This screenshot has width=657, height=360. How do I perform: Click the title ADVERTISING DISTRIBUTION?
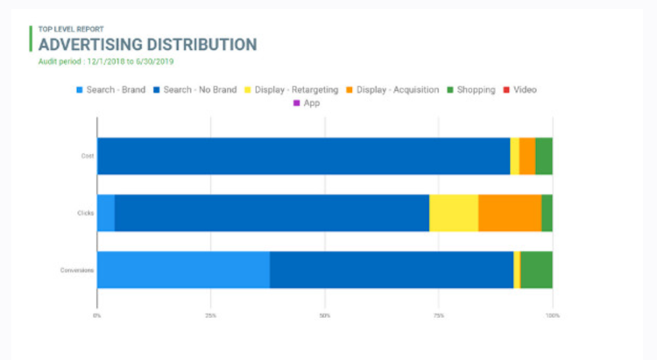147,45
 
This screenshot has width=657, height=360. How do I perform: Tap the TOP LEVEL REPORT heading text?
73,29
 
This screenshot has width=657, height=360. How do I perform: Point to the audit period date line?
106,61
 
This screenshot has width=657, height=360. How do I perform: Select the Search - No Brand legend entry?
194,89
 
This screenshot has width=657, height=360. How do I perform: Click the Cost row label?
88,156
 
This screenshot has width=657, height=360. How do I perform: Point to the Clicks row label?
86,213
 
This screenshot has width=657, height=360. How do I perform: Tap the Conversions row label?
78,270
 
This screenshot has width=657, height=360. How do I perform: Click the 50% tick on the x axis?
324,314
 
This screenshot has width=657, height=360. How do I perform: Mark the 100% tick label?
552,314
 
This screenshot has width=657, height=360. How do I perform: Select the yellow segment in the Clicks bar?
454,213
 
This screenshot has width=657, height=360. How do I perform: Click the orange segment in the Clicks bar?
510,213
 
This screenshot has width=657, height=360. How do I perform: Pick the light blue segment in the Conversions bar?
183,270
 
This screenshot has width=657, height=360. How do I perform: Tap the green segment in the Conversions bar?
536,270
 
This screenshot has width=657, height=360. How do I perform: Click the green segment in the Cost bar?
544,156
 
